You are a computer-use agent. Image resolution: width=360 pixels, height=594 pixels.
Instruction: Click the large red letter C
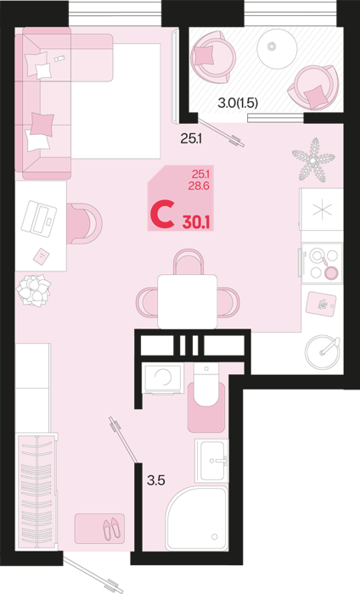click(x=162, y=216)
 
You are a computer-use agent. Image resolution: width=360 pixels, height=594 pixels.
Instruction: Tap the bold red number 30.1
click(x=196, y=221)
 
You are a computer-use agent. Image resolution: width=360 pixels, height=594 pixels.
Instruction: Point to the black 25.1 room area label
click(x=191, y=139)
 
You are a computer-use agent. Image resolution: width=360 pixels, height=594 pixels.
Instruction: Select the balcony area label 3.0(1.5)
click(x=238, y=103)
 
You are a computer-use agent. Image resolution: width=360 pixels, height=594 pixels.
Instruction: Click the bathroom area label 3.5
click(x=155, y=480)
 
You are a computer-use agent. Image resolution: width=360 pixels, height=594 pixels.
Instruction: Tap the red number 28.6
click(x=200, y=186)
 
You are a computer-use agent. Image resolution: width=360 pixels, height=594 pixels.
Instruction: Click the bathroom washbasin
click(x=211, y=461)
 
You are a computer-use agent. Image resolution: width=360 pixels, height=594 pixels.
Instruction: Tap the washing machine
click(x=163, y=378)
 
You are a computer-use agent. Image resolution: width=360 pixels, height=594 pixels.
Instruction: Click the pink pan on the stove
click(x=331, y=272)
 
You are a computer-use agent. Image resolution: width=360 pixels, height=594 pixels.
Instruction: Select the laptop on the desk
click(x=39, y=219)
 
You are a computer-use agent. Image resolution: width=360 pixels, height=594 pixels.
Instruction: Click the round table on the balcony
click(x=277, y=48)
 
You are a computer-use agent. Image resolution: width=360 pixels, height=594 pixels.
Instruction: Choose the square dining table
click(x=187, y=301)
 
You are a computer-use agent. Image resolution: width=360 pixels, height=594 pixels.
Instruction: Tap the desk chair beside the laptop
click(x=84, y=223)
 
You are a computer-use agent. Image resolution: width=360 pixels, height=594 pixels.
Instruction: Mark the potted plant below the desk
click(x=34, y=290)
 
